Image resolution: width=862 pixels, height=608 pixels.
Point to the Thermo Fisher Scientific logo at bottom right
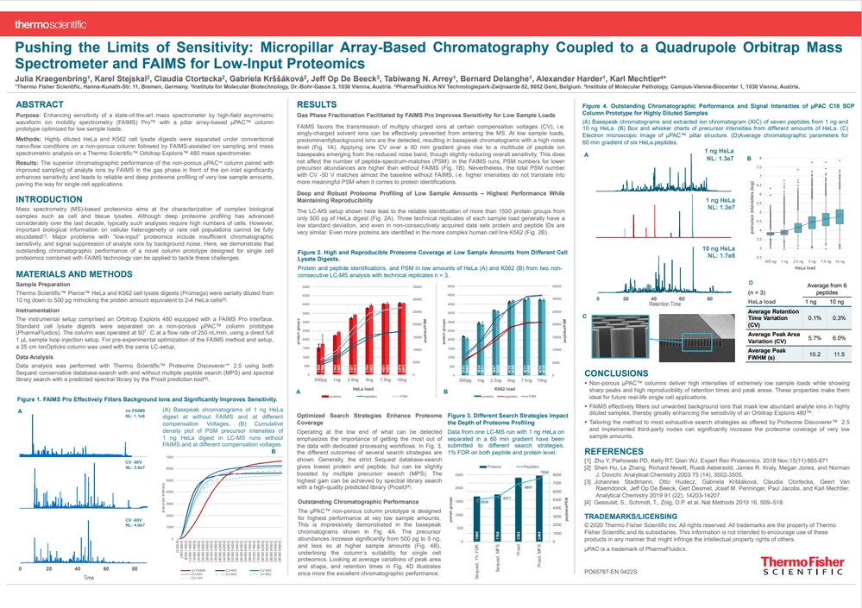click(802, 566)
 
